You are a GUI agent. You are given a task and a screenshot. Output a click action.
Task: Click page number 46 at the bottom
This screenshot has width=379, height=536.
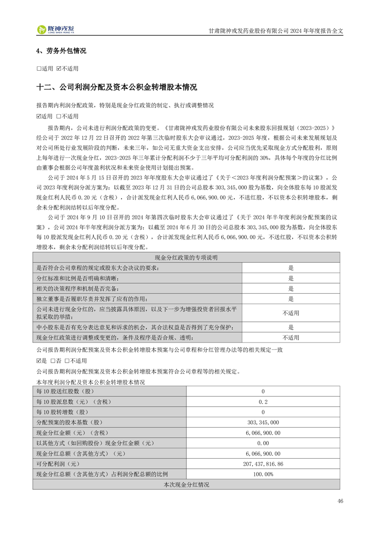[x=340, y=501]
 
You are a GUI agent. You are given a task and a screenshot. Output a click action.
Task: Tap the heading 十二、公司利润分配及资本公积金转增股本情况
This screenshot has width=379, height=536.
[x=117, y=87]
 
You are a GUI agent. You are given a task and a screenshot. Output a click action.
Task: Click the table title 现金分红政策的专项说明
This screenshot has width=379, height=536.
[x=186, y=257]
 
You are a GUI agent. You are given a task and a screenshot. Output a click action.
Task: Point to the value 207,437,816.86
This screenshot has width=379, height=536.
[x=263, y=463]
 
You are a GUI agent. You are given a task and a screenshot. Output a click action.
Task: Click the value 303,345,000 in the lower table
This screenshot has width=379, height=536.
[x=263, y=422]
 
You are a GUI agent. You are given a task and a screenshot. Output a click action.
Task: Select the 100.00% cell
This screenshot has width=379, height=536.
[x=263, y=474]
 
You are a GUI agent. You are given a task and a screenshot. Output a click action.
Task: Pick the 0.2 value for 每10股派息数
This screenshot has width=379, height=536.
[x=263, y=402]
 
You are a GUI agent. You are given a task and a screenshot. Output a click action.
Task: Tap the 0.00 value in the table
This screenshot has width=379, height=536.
[x=263, y=443]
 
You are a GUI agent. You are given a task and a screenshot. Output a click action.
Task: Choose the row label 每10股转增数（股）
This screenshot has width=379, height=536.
[x=63, y=412]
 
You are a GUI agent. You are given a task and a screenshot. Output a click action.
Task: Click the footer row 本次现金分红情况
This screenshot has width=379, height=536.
[x=186, y=484]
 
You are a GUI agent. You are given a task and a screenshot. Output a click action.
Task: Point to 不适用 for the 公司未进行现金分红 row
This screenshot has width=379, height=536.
[x=291, y=313]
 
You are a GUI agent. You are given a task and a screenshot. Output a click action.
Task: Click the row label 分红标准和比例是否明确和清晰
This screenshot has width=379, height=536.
[x=77, y=278]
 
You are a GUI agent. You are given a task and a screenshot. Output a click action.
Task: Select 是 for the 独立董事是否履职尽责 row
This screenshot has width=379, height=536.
[x=291, y=299]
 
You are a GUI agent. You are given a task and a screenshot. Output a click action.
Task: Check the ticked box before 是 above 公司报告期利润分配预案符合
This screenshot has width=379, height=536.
[x=39, y=361]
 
